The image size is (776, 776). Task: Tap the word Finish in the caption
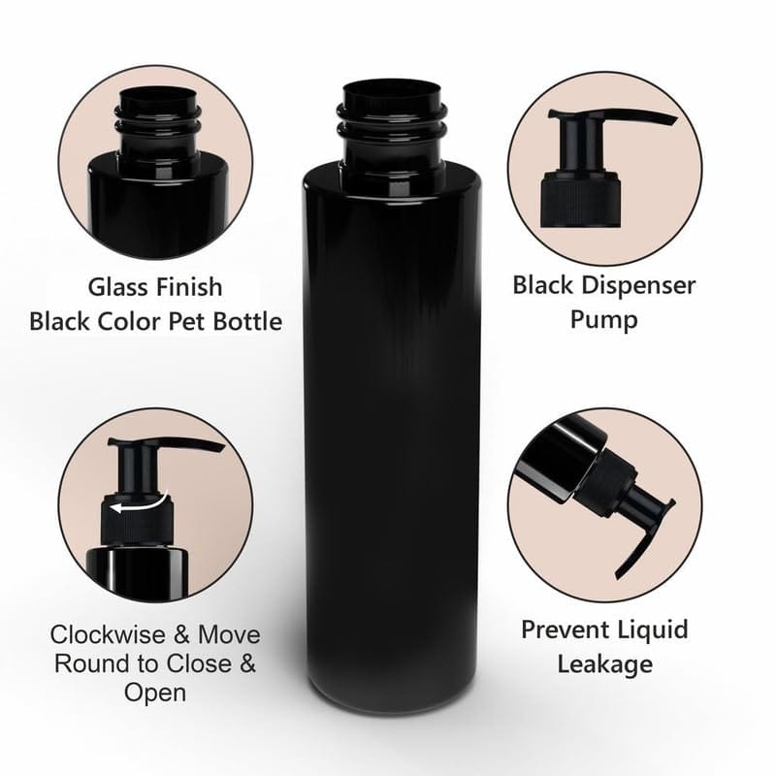tap(189, 287)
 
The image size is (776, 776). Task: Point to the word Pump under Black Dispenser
tap(604, 319)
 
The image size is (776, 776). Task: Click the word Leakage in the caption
tap(604, 663)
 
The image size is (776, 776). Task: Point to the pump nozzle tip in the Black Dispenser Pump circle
tap(669, 121)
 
